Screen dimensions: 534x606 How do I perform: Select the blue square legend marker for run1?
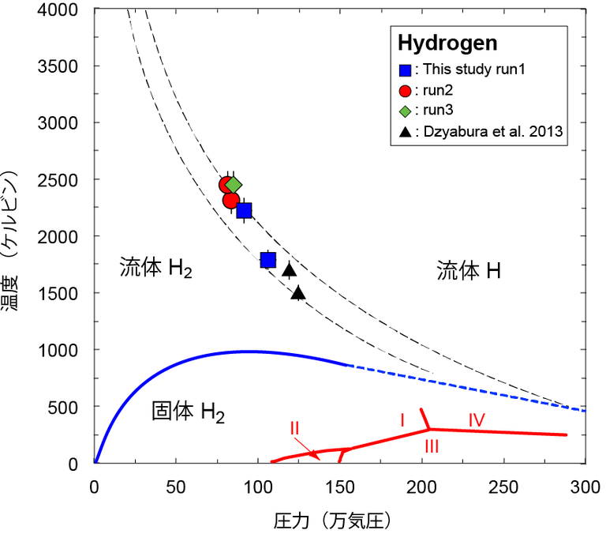[405, 69]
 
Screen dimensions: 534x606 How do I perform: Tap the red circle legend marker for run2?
[405, 90]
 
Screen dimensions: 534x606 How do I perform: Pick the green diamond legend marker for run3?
[405, 111]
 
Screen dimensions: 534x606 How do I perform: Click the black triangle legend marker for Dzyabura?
[405, 133]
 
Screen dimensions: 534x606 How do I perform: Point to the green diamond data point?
[234, 185]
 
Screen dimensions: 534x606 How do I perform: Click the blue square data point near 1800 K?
[268, 260]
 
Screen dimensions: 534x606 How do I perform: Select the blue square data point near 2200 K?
[244, 210]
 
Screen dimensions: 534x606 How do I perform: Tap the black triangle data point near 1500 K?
[297, 293]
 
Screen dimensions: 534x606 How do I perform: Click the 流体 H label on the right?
[469, 272]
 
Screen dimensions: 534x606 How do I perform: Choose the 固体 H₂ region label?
[188, 412]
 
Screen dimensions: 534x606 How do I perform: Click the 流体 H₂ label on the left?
[157, 268]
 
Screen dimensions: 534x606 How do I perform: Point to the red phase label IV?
[476, 419]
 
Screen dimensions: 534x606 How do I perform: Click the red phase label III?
[432, 446]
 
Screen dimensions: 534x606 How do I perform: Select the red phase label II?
[294, 427]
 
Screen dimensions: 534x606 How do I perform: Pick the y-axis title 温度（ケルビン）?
[13, 237]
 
